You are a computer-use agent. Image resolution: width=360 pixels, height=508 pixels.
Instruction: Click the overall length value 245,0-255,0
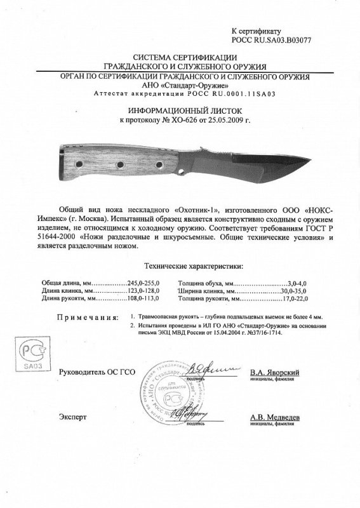tap(145, 283)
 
